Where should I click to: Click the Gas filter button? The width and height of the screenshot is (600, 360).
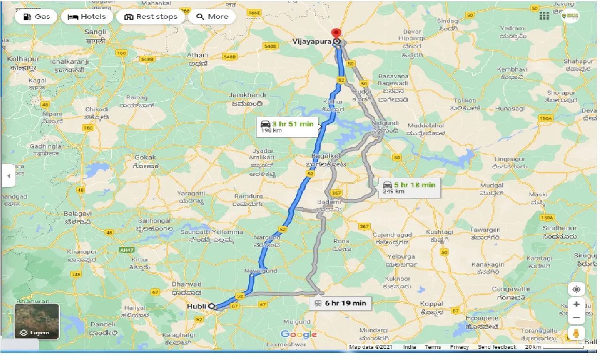click(x=36, y=17)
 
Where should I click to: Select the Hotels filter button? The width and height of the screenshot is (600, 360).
click(x=87, y=17)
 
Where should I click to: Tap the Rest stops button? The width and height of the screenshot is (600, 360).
click(x=151, y=17)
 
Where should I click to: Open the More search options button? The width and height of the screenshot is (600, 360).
click(x=212, y=17)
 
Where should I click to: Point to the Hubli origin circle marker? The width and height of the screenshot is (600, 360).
click(x=211, y=306)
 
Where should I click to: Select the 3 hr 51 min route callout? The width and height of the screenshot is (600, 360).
click(x=287, y=127)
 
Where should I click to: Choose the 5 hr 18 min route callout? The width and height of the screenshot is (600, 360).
click(x=409, y=187)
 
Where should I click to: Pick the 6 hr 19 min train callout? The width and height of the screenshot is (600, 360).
click(x=340, y=303)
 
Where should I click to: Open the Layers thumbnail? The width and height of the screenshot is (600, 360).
click(x=37, y=322)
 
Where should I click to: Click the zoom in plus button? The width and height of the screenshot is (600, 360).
click(x=576, y=304)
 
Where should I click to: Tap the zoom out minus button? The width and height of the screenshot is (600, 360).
click(x=576, y=318)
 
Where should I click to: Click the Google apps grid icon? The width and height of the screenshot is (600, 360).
click(x=544, y=16)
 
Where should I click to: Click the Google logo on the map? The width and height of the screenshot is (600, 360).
click(x=299, y=334)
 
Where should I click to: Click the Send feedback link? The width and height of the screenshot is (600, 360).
click(x=497, y=347)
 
